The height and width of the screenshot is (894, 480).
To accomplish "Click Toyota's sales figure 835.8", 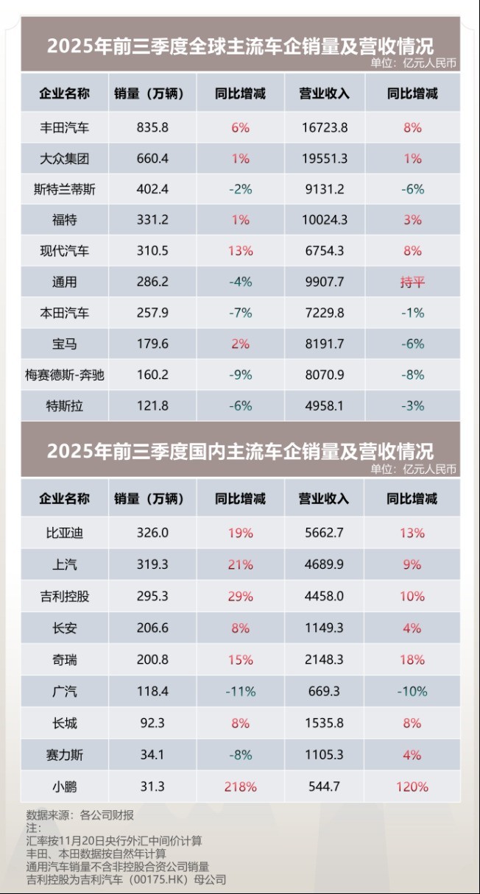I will pos(152,127).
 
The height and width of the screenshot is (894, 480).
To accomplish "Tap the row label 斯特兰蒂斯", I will pos(65,189).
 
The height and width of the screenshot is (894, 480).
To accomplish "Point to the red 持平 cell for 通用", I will pos(412,282).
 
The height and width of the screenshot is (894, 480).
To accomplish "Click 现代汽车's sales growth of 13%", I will pos(240,251).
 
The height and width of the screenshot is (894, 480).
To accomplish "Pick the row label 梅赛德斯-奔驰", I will pos(65,375).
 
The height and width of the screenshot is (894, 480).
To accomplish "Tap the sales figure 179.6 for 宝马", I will pos(152,344).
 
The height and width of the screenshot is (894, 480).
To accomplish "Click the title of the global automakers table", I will pos(240,45).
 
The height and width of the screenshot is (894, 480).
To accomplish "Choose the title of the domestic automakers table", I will pos(240,450).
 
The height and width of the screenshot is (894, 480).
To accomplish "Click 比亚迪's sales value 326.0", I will pos(152,533).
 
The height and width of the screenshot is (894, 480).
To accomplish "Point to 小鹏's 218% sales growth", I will pos(240,787).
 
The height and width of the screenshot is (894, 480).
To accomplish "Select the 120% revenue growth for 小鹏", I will pos(412,787).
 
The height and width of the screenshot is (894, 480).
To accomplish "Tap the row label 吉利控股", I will pos(65,596).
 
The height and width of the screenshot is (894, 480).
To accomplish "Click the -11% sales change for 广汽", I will pos(240,691).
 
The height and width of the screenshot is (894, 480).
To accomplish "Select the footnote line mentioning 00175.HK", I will pos(126,879).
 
